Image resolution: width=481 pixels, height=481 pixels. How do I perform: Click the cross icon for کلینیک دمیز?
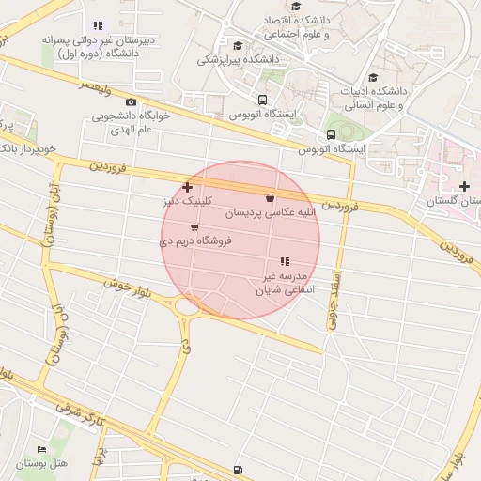point(188,187)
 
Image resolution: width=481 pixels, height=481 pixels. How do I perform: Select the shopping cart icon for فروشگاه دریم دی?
point(194,227)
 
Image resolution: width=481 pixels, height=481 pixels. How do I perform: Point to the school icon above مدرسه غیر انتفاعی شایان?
point(284,261)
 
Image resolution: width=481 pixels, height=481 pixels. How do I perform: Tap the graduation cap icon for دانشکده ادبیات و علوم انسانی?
point(373,78)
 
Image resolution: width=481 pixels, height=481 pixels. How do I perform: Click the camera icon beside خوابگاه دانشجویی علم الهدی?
point(131,101)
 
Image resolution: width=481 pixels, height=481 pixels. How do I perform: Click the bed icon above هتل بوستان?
point(39,450)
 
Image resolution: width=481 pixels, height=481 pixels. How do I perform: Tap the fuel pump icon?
point(237,470)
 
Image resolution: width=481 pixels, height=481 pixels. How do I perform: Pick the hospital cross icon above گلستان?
point(464,187)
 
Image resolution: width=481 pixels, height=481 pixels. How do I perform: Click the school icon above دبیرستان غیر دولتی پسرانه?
point(98,26)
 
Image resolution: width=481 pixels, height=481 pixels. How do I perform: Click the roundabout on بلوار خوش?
point(187,304)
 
